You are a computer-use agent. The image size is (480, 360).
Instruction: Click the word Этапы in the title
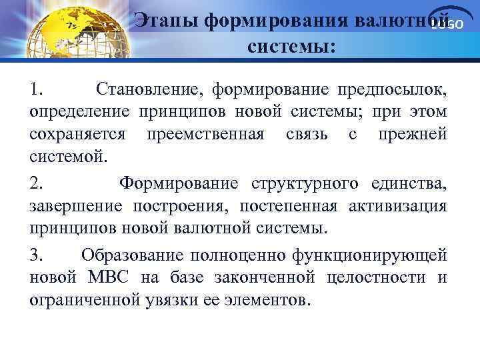coord(166,20)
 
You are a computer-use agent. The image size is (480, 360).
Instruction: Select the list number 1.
coord(37,89)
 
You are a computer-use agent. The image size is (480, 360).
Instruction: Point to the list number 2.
coord(37,183)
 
